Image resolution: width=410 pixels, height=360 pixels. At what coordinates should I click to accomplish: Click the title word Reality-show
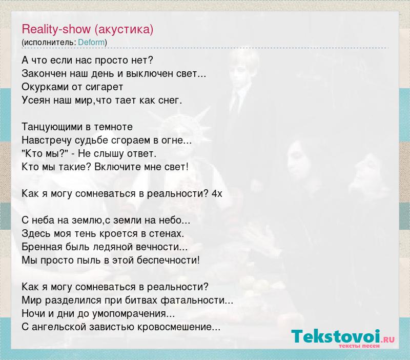tap(56, 29)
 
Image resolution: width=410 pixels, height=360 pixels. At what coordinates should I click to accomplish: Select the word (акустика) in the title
tap(124, 29)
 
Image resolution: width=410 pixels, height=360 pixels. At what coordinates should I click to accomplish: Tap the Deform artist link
tap(91, 43)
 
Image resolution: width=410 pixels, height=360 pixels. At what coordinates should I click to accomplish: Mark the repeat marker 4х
tap(217, 194)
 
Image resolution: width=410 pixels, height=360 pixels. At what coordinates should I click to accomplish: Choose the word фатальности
tap(197, 301)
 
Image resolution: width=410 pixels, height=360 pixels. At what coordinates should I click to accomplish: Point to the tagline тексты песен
tap(359, 346)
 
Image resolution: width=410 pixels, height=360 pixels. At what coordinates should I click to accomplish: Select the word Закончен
tap(44, 74)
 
